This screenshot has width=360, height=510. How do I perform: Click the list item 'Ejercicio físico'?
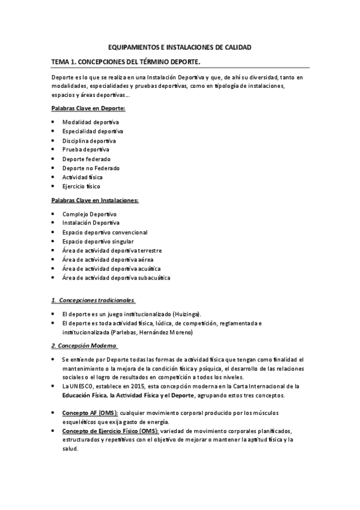[81, 186]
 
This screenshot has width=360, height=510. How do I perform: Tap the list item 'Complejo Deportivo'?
[89, 214]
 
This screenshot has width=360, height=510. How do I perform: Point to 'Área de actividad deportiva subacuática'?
[116, 278]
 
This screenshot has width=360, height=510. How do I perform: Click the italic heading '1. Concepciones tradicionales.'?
[93, 300]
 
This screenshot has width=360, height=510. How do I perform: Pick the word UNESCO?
[81, 386]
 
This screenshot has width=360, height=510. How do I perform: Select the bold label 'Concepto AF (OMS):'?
[90, 413]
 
